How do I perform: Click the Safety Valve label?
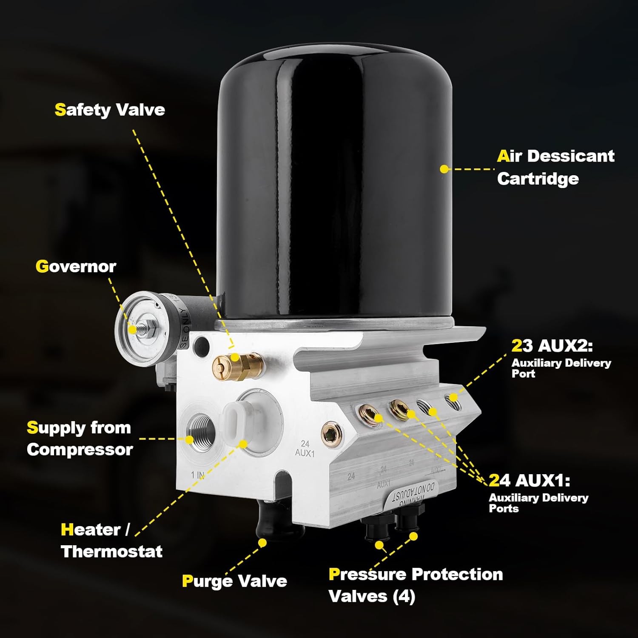(x=110, y=110)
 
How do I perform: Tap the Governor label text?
(x=76, y=267)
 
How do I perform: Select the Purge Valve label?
(x=234, y=581)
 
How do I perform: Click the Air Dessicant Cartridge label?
(x=555, y=167)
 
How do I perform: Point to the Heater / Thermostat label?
(x=111, y=540)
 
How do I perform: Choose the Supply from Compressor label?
(x=80, y=439)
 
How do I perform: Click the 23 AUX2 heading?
(x=552, y=346)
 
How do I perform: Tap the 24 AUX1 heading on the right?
(x=529, y=480)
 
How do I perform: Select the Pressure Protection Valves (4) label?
(x=416, y=585)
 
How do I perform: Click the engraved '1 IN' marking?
(x=198, y=475)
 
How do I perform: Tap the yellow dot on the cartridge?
(x=444, y=169)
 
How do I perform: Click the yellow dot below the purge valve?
(x=262, y=543)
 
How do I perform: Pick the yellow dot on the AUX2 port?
(x=453, y=398)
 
